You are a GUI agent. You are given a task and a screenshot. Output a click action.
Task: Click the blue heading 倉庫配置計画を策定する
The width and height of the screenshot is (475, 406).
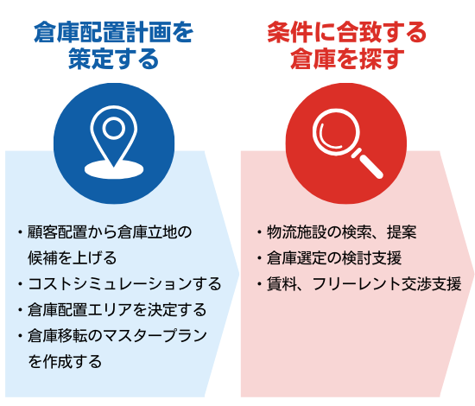coord(114,46)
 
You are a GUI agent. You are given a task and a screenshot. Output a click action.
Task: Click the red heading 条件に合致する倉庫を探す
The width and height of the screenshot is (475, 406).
coord(347,46)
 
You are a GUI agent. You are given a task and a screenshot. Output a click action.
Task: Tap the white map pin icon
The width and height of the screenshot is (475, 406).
coord(114,142)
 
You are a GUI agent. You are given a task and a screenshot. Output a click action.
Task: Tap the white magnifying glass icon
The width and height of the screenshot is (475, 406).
coord(347,143)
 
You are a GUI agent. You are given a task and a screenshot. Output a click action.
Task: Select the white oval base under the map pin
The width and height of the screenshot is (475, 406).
coord(114,169)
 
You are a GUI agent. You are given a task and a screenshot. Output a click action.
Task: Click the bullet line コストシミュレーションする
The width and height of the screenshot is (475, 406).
coord(120,284)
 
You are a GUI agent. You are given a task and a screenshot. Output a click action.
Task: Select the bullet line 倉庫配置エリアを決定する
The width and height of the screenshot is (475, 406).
coord(112,309)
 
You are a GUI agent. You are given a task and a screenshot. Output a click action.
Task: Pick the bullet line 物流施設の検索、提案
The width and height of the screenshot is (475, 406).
coord(337,232)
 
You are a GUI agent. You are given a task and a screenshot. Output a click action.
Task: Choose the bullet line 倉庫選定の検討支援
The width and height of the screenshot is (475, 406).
coord(329,258)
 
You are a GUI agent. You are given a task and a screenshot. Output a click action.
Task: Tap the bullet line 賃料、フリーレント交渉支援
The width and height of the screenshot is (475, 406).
coord(359,284)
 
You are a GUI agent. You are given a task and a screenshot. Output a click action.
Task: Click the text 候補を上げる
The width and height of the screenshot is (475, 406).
coord(72,258)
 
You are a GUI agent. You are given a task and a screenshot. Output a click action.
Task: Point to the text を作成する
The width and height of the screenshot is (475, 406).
coord(65,361)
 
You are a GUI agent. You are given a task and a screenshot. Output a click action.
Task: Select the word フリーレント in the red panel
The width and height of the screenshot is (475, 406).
coord(356,284)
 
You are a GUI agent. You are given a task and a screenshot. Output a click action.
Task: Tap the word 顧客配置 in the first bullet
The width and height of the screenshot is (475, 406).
coord(57,232)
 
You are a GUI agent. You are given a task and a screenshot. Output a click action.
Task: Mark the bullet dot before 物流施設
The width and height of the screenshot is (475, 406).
coord(259,232)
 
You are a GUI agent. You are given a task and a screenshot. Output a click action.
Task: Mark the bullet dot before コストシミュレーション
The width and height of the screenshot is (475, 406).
coord(20,284)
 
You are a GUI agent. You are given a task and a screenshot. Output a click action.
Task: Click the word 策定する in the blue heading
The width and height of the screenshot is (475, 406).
coord(114,59)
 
